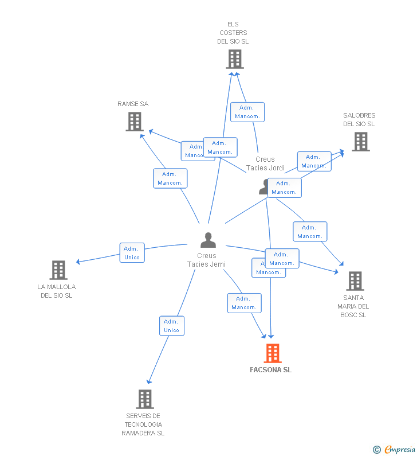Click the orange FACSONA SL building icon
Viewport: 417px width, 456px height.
click(x=273, y=353)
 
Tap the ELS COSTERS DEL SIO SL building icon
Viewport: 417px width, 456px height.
click(x=234, y=59)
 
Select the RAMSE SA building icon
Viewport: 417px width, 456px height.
click(x=135, y=122)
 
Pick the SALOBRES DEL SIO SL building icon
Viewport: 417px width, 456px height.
click(x=360, y=142)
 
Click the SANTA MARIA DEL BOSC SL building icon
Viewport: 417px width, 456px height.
click(x=355, y=281)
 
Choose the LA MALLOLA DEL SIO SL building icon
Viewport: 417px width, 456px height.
click(x=58, y=270)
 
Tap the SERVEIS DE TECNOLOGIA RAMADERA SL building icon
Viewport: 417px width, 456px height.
click(x=145, y=399)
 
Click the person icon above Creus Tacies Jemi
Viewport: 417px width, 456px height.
click(x=208, y=240)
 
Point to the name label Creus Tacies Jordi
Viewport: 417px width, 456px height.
click(x=265, y=163)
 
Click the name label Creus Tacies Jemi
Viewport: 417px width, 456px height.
click(x=206, y=260)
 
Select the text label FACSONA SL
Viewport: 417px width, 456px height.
click(x=270, y=370)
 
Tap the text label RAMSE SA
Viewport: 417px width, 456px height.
click(x=133, y=104)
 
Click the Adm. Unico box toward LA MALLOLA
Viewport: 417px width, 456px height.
click(x=132, y=253)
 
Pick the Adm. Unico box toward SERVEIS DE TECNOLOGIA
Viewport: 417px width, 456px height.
click(x=171, y=326)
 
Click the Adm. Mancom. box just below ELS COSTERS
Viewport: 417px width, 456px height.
click(x=247, y=112)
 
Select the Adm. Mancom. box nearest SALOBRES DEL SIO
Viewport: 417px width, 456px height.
click(x=313, y=161)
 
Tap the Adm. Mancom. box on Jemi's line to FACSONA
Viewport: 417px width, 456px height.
click(x=244, y=303)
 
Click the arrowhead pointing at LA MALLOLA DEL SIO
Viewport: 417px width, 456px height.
click(x=79, y=262)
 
